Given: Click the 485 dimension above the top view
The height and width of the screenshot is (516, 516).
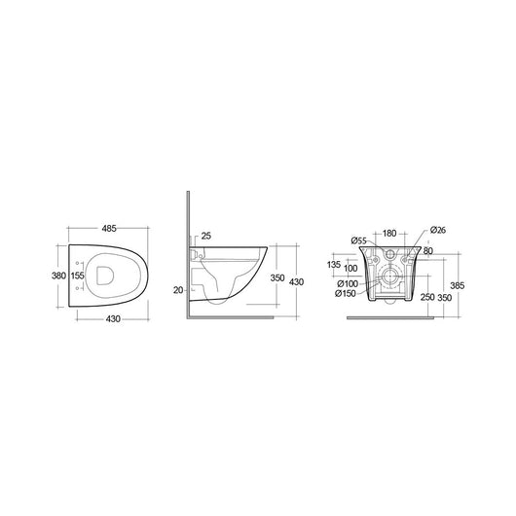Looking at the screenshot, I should pos(110,228).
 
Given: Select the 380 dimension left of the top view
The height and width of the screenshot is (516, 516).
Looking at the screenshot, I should pos(57,276).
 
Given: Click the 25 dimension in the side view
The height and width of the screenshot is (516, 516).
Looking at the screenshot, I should pos(204,237).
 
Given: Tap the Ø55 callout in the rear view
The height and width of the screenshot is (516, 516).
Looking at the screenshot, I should pos(357,240).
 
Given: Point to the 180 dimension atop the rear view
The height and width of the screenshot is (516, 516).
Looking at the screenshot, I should pos(389,234).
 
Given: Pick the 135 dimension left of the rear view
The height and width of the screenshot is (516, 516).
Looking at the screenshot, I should pos(334,263).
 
